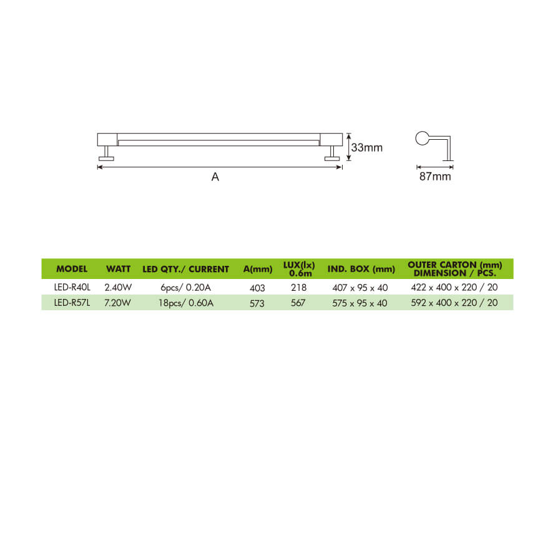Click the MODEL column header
click(x=72, y=269)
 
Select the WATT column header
click(x=118, y=269)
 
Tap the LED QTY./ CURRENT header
click(x=185, y=269)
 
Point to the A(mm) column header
click(x=257, y=269)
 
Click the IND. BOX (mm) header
click(x=361, y=269)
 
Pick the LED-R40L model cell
click(x=72, y=287)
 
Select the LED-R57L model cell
click(x=72, y=303)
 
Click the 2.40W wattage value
click(x=118, y=287)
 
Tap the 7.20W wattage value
click(x=117, y=303)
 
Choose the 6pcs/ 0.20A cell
click(x=185, y=288)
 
